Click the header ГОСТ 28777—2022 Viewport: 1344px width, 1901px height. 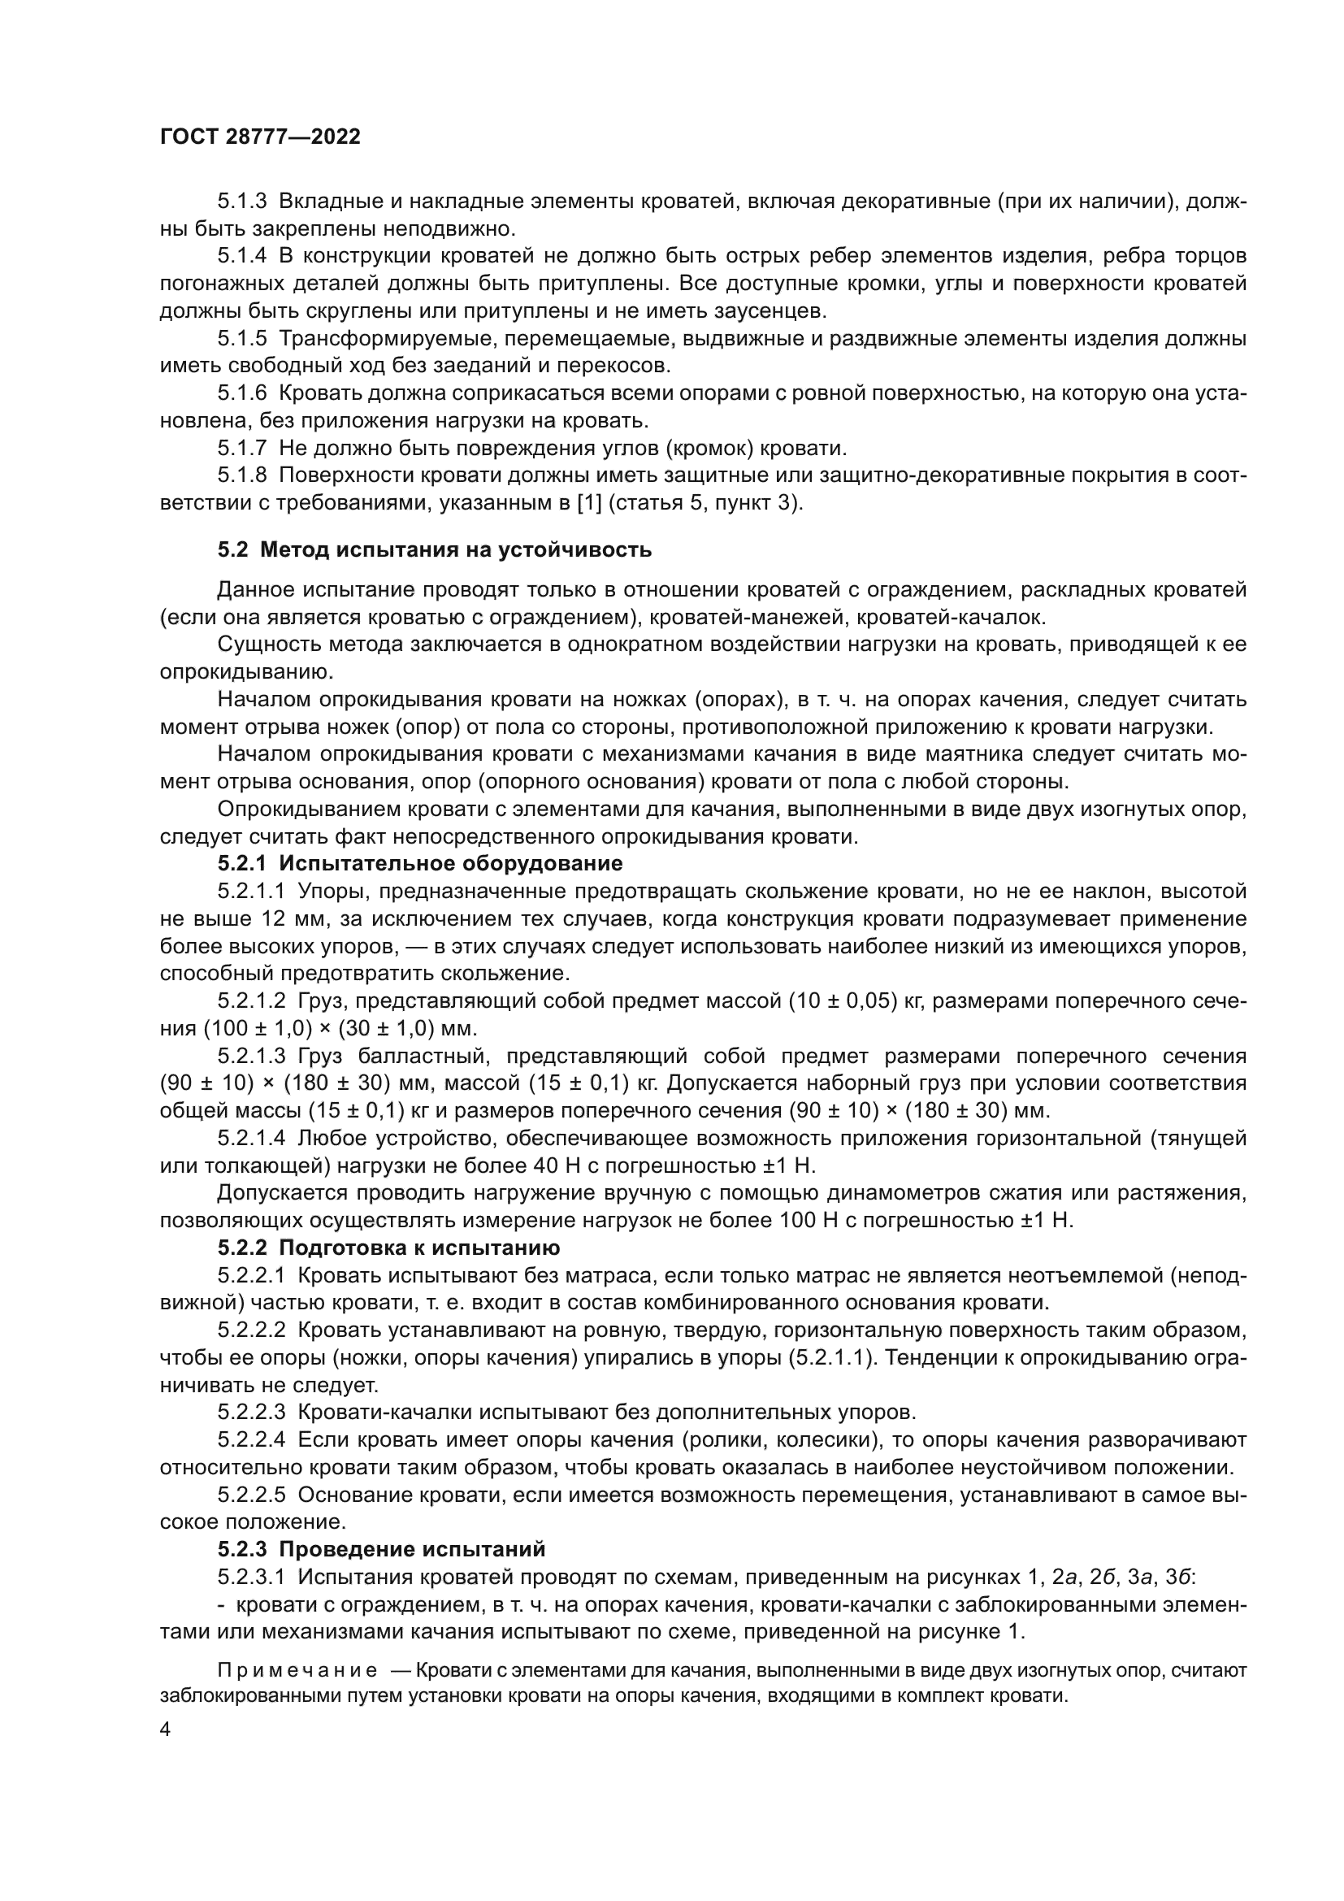tap(260, 137)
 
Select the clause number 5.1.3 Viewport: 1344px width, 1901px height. tap(241, 202)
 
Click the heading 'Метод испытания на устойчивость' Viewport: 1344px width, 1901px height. tap(466, 549)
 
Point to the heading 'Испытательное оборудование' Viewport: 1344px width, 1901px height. tap(450, 864)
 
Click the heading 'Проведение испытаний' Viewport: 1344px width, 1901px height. tap(412, 1549)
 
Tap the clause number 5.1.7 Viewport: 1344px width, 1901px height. tap(241, 449)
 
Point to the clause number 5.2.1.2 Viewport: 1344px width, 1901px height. tap(251, 1001)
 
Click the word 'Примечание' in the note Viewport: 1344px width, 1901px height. tap(297, 1670)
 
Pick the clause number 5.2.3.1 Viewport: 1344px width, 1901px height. tap(251, 1577)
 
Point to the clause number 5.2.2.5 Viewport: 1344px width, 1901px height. tap(251, 1495)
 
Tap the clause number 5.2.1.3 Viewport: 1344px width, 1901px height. tap(251, 1057)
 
